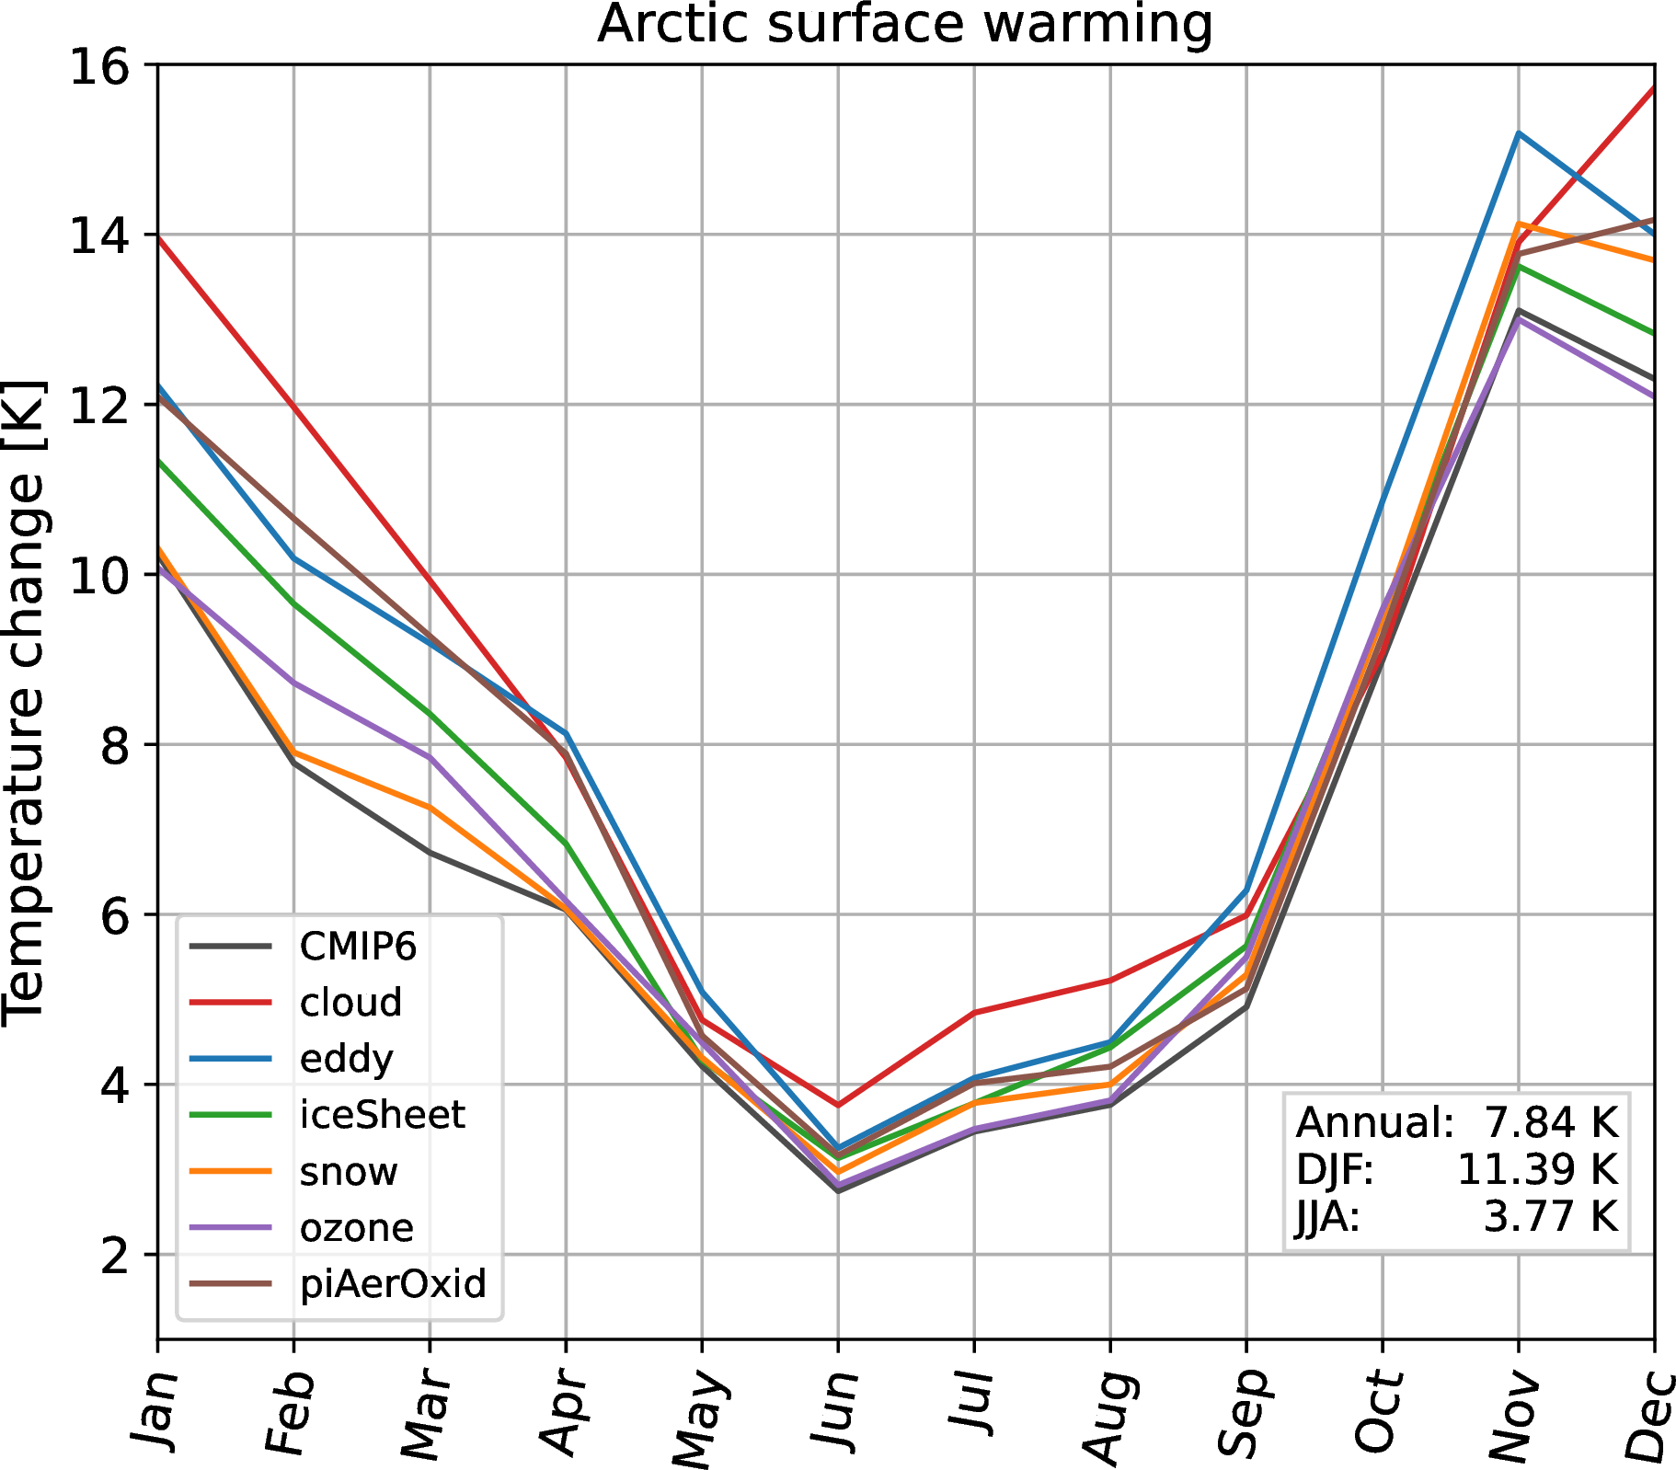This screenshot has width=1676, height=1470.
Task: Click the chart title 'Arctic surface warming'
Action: pyautogui.click(x=905, y=24)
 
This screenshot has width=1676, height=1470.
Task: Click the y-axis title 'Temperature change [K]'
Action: pyautogui.click(x=24, y=701)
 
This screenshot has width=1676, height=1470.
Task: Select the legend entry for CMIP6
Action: pyautogui.click(x=358, y=946)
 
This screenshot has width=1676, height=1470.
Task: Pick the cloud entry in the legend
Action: pyautogui.click(x=350, y=1002)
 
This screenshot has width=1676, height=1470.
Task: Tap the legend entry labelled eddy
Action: pyautogui.click(x=346, y=1059)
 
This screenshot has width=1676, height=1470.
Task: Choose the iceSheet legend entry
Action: pyautogui.click(x=382, y=1115)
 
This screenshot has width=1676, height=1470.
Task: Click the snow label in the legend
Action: pyautogui.click(x=349, y=1171)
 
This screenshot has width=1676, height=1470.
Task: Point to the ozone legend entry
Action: pyautogui.click(x=357, y=1227)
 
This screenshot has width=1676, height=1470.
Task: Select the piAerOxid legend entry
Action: pyautogui.click(x=393, y=1283)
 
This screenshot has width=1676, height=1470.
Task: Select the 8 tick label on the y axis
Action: pyautogui.click(x=114, y=745)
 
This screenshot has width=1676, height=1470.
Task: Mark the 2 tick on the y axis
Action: pyautogui.click(x=114, y=1255)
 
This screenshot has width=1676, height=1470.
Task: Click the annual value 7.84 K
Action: pyautogui.click(x=1550, y=1122)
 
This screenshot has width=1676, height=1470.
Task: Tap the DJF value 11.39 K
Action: pyautogui.click(x=1537, y=1169)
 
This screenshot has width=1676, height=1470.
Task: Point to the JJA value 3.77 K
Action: pyautogui.click(x=1550, y=1216)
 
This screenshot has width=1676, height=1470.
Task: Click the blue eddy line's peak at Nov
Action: pyautogui.click(x=1518, y=133)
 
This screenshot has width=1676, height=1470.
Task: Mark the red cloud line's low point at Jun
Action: pyautogui.click(x=838, y=1105)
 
